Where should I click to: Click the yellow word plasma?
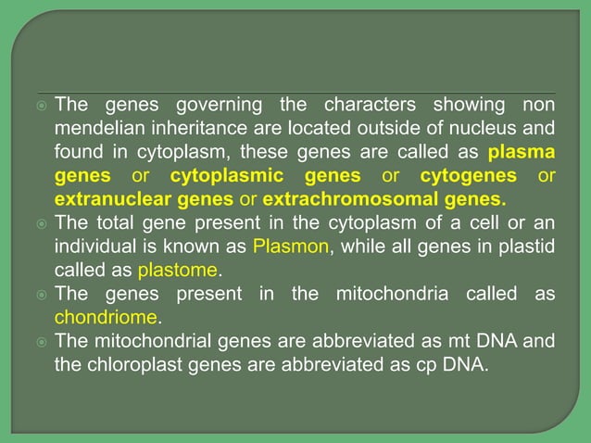point(522,151)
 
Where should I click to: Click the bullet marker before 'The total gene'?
point(42,223)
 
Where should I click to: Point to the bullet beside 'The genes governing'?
point(42,103)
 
